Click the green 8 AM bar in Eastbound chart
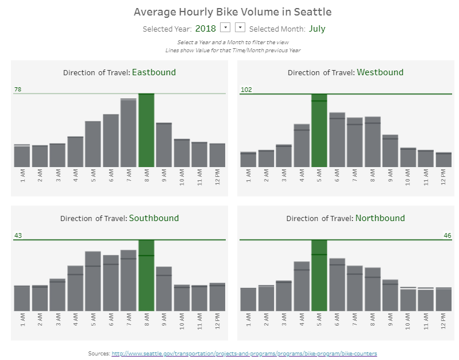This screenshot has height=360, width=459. [146, 130]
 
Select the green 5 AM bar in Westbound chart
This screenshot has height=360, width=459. [319, 130]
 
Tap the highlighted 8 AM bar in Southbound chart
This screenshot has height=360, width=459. [146, 276]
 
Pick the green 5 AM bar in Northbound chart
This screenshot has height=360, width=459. [319, 276]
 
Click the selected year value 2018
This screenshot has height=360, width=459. [206, 28]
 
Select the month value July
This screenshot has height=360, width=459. [317, 28]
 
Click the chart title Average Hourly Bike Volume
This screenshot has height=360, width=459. [232, 11]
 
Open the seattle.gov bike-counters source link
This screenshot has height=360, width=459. [244, 353]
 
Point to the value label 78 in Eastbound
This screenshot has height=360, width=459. [18, 90]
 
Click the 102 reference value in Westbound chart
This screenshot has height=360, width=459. [246, 90]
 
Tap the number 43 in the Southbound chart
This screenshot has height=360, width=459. [18, 235]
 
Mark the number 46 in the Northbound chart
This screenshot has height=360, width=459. [448, 235]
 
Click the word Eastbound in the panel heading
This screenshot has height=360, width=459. [154, 72]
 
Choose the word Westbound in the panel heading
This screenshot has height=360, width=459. [380, 72]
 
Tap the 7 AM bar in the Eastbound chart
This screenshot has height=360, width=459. [129, 133]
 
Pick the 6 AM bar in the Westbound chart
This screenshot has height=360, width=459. [337, 140]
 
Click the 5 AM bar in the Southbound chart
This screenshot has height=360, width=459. [93, 281]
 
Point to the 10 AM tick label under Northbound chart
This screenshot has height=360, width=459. [408, 320]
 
